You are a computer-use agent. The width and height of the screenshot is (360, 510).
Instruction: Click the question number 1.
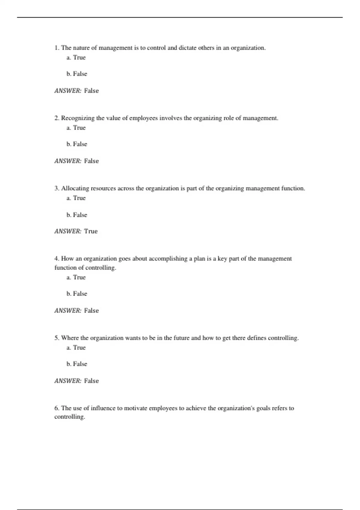click(57, 48)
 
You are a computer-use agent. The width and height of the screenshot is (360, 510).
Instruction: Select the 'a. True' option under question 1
click(76, 58)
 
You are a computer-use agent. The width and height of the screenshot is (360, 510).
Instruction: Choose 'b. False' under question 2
click(77, 144)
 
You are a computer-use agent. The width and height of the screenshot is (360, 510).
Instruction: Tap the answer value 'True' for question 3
click(91, 231)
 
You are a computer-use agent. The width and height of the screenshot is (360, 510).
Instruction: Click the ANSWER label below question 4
click(68, 311)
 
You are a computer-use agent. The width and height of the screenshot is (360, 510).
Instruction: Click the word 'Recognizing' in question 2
click(78, 118)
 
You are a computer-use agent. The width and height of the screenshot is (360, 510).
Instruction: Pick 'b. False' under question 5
click(77, 364)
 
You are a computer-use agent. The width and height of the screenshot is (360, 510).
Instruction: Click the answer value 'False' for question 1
click(91, 91)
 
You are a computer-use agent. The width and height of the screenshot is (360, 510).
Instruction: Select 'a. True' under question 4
click(76, 277)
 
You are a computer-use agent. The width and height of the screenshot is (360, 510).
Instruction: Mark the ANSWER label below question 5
click(68, 381)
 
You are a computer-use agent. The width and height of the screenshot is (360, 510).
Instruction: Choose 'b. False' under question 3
click(77, 215)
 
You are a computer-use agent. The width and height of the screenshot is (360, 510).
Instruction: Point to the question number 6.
click(57, 408)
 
